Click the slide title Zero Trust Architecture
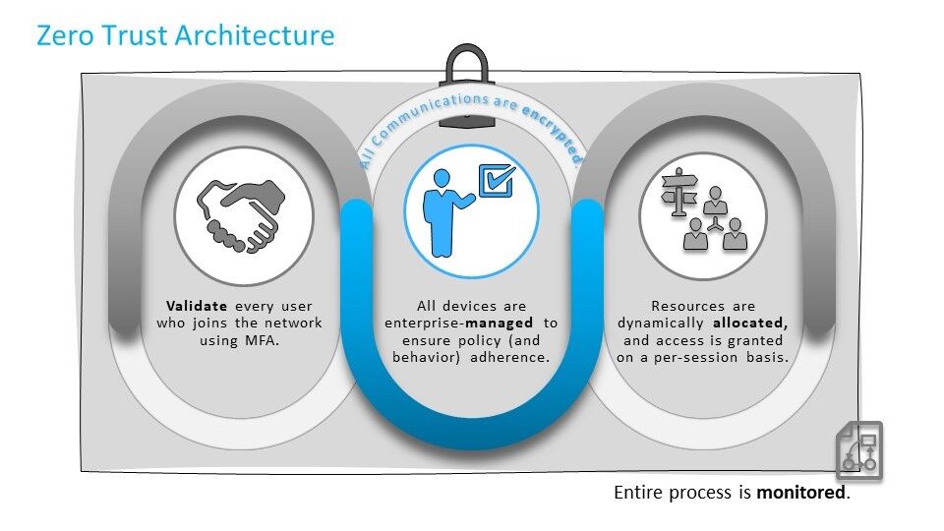pyautogui.click(x=186, y=35)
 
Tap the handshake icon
pyautogui.click(x=242, y=215)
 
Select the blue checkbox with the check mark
pyautogui.click(x=497, y=181)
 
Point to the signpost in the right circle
pyautogui.click(x=678, y=192)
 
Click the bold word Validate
pyautogui.click(x=197, y=306)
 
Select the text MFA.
pyautogui.click(x=262, y=340)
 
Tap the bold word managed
pyautogui.click(x=500, y=324)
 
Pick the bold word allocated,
pyautogui.click(x=750, y=324)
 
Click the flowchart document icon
pyautogui.click(x=859, y=449)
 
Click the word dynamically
pyautogui.click(x=661, y=324)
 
